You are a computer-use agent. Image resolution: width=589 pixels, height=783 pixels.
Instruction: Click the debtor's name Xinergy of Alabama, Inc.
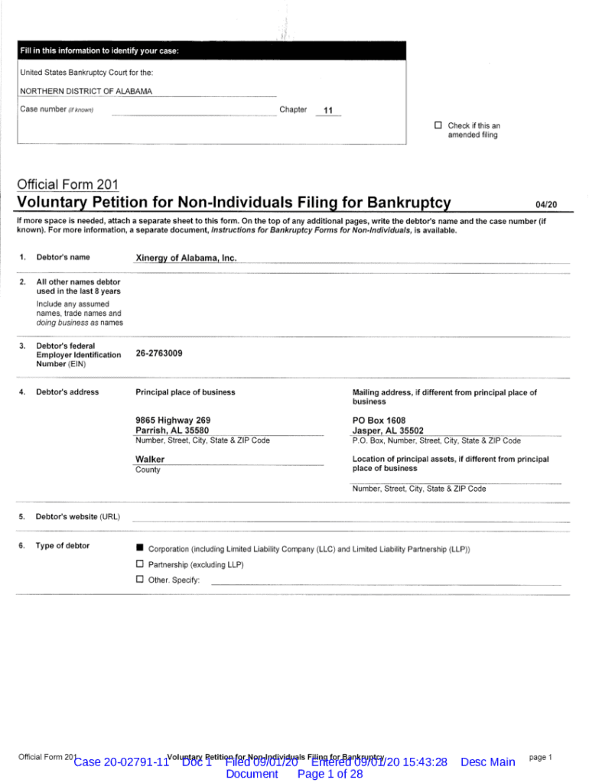pos(186,258)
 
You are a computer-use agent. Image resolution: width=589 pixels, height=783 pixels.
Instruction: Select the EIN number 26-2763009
pos(159,353)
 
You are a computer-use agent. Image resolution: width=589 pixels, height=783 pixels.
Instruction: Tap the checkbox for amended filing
pos(438,125)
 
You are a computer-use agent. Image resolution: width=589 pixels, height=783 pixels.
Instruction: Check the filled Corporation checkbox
pos(140,548)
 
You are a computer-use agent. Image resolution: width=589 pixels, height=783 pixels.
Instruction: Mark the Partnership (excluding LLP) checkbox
pos(140,564)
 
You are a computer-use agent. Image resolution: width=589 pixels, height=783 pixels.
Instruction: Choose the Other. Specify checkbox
pos(140,579)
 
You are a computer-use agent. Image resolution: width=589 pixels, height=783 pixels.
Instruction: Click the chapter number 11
pos(328,111)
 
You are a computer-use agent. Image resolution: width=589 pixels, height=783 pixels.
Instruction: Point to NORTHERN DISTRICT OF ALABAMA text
pos(86,91)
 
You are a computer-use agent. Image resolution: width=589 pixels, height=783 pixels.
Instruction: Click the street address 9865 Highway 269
pos(173,421)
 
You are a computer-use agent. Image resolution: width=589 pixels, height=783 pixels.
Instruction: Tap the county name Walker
pos(150,460)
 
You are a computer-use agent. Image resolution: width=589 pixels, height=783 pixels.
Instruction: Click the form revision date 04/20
pos(547,204)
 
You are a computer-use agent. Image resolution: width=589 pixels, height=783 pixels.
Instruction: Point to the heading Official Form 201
pos(67,184)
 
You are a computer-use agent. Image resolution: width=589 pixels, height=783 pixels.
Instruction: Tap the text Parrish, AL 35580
pos(172,430)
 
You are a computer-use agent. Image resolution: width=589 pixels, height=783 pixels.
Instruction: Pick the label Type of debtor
pos(63,546)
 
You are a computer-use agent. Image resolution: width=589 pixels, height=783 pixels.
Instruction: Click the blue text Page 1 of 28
pos(330,774)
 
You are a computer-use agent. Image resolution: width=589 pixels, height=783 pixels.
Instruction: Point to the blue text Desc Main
pos(488,762)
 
